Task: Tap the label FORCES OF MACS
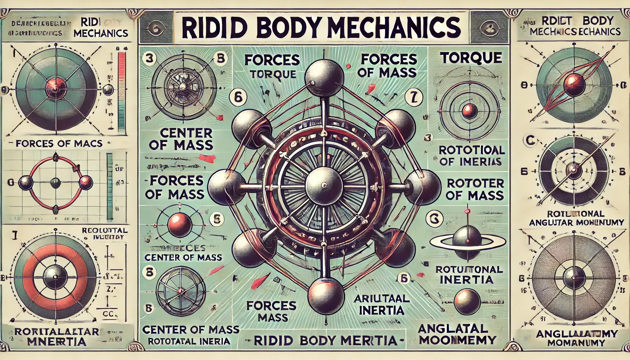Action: pyautogui.click(x=59, y=143)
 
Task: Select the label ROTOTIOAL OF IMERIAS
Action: pyautogui.click(x=472, y=156)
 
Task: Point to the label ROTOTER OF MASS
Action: pyautogui.click(x=475, y=189)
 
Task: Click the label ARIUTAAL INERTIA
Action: pyautogui.click(x=381, y=304)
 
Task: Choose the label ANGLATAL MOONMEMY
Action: pyautogui.click(x=457, y=334)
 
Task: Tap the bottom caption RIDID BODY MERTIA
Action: pyautogui.click(x=325, y=340)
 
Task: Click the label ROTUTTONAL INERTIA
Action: pyautogui.click(x=469, y=275)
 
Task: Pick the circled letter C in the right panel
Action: pyautogui.click(x=531, y=141)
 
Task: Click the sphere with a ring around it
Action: pyautogui.click(x=467, y=240)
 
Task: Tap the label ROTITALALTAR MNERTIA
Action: pyautogui.click(x=56, y=336)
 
